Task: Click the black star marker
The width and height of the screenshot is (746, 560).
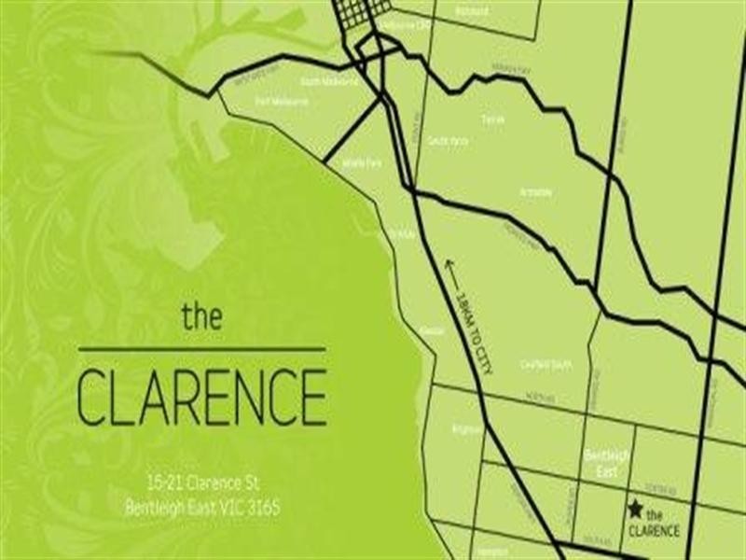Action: (x=635, y=509)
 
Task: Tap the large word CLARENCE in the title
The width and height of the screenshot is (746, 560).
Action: (x=201, y=397)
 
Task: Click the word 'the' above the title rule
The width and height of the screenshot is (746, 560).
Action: (x=201, y=315)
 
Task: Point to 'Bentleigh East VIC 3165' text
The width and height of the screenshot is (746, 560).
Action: (x=201, y=509)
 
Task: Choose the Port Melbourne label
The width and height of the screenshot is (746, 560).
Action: (x=287, y=101)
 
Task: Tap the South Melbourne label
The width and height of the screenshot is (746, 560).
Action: (x=336, y=82)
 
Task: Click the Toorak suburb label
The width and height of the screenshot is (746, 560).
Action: (x=492, y=119)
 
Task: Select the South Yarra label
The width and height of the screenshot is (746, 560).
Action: (x=448, y=141)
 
